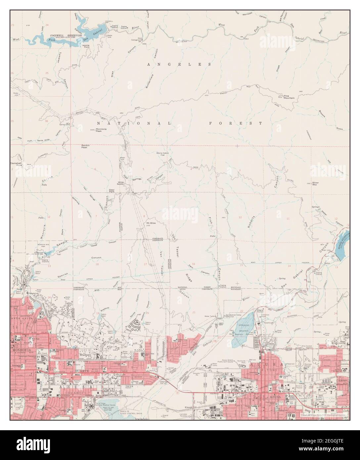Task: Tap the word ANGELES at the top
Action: coord(179,64)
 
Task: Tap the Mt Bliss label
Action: coord(151,223)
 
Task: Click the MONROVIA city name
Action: coord(20,350)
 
